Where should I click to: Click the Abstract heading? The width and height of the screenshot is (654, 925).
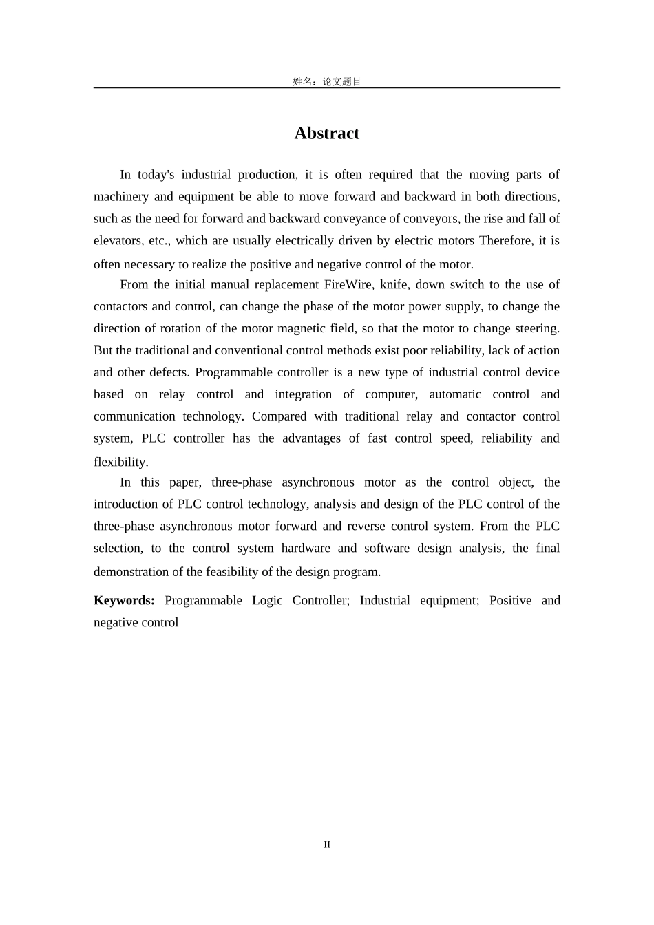click(x=326, y=133)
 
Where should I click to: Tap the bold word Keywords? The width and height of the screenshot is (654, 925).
click(x=125, y=600)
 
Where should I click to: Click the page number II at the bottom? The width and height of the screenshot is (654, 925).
click(x=327, y=844)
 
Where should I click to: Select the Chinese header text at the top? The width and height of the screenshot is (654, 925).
click(x=327, y=81)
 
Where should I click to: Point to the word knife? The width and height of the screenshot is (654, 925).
click(x=393, y=284)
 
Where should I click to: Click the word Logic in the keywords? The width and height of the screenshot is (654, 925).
click(x=267, y=600)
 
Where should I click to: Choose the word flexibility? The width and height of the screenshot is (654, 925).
click(x=120, y=462)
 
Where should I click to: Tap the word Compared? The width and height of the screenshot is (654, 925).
click(x=279, y=416)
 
